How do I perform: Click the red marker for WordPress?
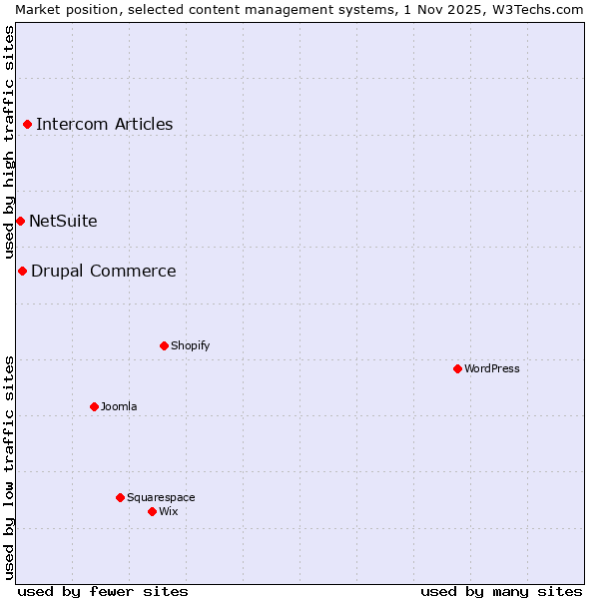click(457, 368)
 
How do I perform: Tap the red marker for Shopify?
click(164, 345)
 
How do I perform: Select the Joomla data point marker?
click(94, 406)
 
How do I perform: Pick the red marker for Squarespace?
click(120, 497)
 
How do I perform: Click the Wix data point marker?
click(152, 511)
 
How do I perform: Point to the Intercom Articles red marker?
click(27, 125)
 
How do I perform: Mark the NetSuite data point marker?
click(20, 221)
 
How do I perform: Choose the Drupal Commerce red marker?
click(22, 271)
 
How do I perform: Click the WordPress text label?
click(492, 368)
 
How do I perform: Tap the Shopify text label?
click(190, 345)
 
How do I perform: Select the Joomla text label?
click(119, 406)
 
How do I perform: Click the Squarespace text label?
click(161, 497)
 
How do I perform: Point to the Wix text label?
click(168, 511)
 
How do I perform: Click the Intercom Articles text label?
click(104, 125)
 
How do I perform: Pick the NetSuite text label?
click(63, 221)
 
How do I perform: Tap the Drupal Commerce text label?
click(103, 271)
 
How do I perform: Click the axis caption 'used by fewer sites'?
click(103, 591)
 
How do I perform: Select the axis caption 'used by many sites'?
click(501, 591)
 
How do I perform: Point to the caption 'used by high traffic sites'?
click(9, 142)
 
